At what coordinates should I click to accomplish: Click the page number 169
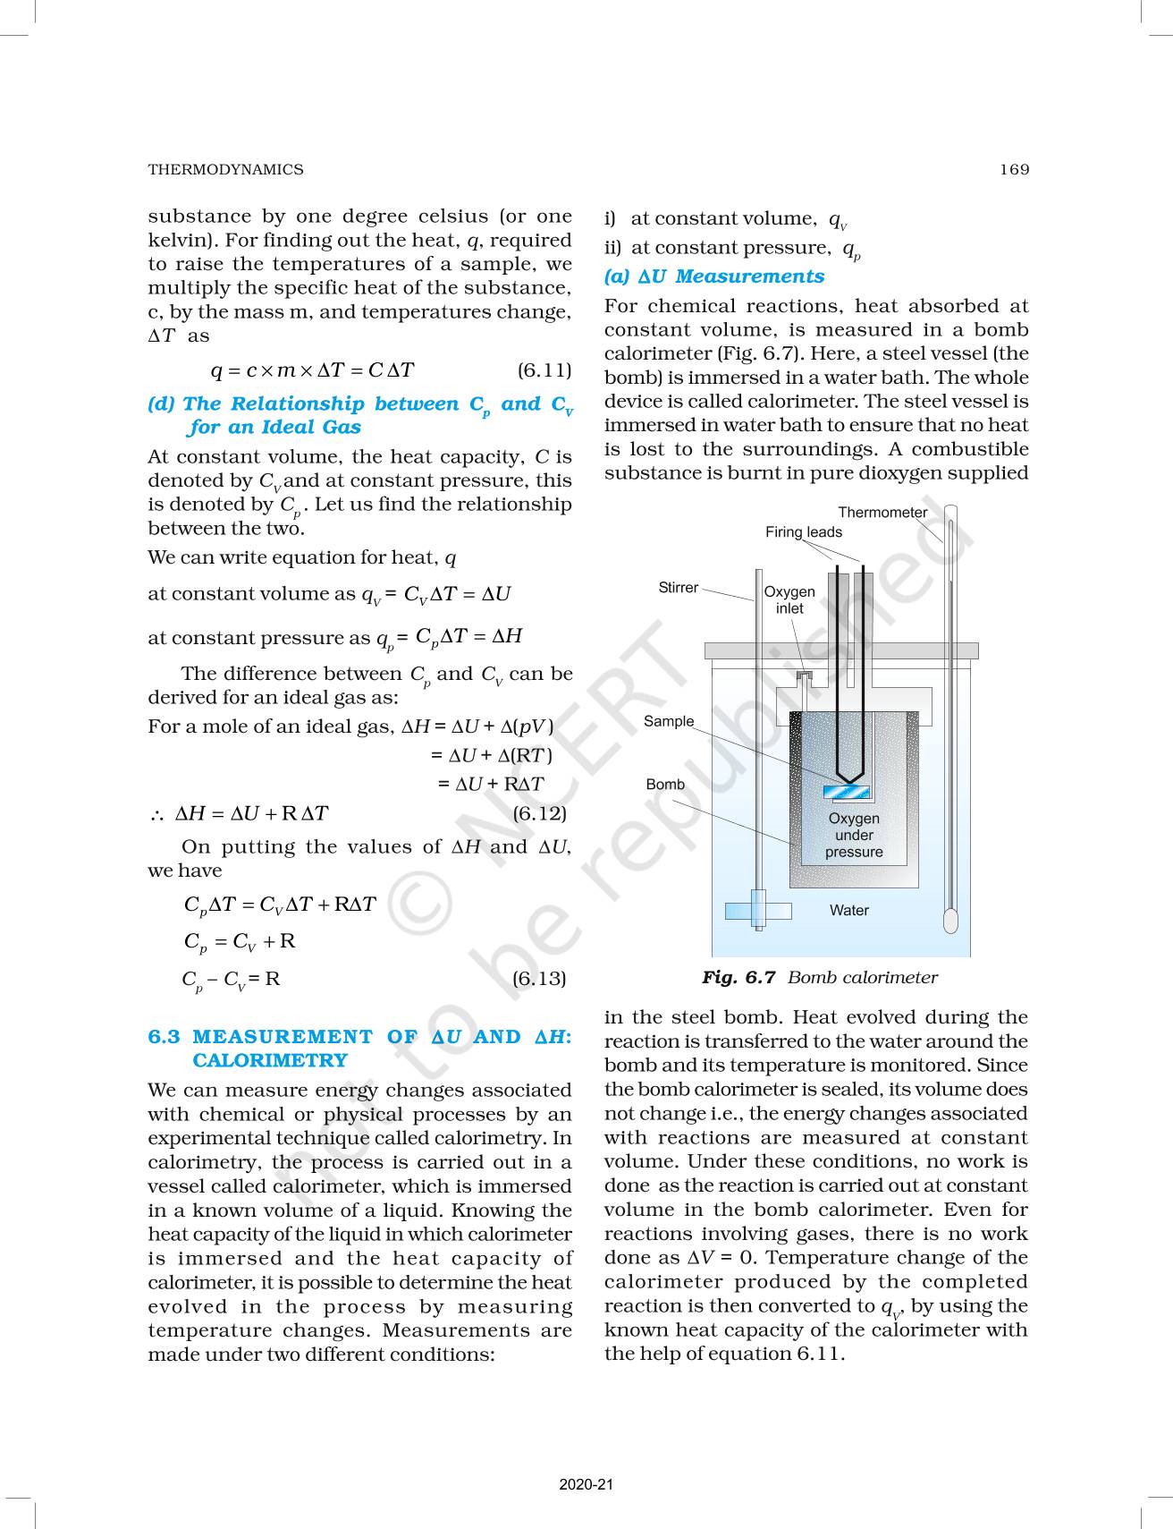coord(1015,169)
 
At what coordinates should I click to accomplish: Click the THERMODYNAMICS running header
coord(225,169)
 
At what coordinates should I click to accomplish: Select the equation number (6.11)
coord(544,370)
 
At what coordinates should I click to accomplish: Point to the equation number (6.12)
coord(539,813)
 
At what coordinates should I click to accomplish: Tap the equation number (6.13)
coord(539,978)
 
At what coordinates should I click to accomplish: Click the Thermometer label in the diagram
coord(882,513)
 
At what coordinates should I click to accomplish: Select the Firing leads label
coord(803,532)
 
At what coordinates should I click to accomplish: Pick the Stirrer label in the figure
coord(678,588)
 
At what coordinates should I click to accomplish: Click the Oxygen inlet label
coord(789,600)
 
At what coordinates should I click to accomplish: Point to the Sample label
coord(669,721)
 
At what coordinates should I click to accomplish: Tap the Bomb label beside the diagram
coord(665,785)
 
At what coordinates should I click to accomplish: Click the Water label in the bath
coord(848,911)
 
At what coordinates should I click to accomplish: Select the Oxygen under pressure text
coord(854,835)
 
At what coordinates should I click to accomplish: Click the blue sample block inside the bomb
coord(846,791)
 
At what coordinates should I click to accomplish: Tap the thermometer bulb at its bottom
coord(949,919)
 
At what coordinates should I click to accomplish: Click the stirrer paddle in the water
coord(757,911)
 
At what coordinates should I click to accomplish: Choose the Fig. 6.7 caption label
coord(738,978)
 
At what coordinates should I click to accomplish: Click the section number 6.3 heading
coord(164,1037)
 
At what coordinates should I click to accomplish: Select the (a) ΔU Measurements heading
coord(713,276)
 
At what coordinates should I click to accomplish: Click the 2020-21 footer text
coord(586,1484)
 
